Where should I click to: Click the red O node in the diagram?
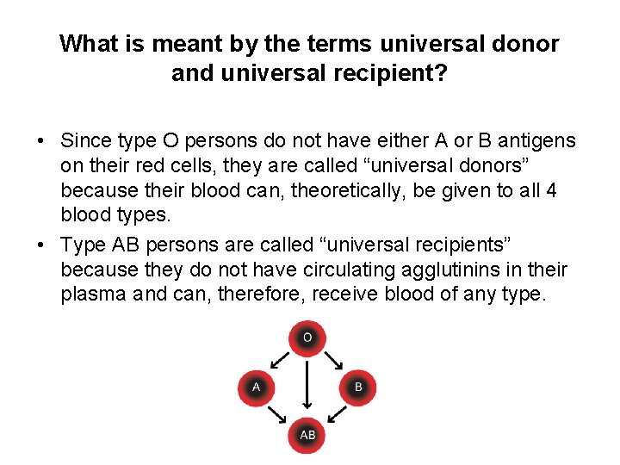[x=307, y=337]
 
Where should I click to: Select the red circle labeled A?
[x=256, y=387]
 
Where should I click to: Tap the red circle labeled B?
[x=358, y=387]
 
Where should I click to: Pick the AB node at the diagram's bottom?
[x=307, y=436]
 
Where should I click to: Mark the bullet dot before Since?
[x=41, y=140]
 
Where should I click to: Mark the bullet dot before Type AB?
[x=41, y=245]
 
